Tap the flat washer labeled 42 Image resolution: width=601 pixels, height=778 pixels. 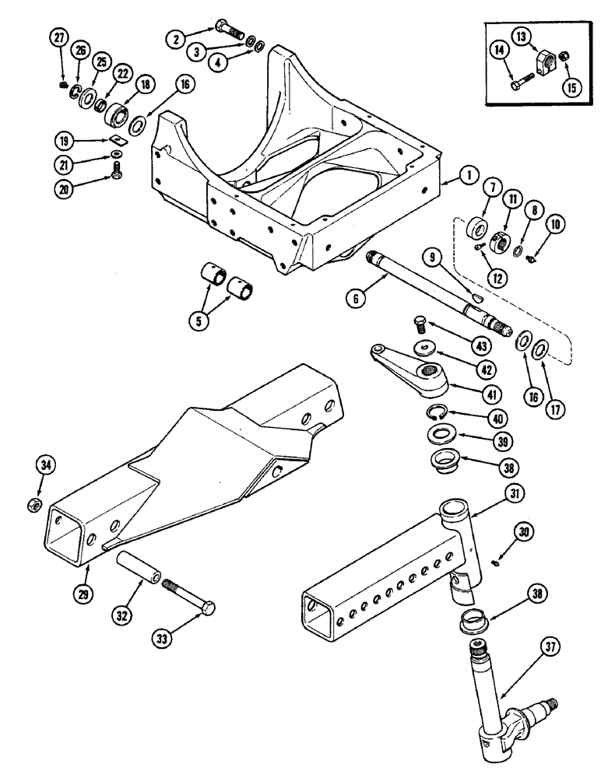[x=424, y=345]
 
